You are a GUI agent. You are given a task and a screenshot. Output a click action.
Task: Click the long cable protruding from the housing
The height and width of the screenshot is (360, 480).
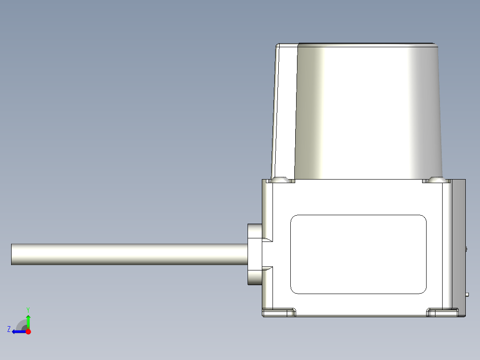pos(129,254)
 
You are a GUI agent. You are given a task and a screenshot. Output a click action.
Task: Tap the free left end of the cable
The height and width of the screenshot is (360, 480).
pos(12,254)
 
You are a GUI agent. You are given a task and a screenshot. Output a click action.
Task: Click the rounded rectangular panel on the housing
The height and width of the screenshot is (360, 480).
pos(358,254)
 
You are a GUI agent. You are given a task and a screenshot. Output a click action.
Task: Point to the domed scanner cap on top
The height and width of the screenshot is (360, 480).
pos(370,111)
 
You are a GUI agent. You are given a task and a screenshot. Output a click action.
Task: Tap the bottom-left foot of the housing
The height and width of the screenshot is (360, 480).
pos(279,312)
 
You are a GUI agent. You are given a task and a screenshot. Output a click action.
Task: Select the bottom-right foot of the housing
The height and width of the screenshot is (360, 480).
pos(443,312)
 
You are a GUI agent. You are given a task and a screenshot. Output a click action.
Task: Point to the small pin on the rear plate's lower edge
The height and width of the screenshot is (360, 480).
pos(468,294)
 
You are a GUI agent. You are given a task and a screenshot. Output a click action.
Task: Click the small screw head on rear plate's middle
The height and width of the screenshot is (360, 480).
pos(467,249)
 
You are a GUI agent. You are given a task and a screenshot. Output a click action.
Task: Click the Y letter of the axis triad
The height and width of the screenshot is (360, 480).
pos(28,309)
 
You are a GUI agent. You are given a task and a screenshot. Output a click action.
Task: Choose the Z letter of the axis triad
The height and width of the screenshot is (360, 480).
pos(9,329)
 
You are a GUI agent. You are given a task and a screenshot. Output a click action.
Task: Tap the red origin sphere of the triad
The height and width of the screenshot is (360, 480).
pos(28,331)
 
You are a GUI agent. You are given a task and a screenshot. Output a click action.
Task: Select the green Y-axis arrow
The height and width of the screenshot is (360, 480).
pos(28,321)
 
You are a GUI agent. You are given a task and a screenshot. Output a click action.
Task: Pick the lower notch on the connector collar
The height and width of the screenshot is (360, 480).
pos(267,269)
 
